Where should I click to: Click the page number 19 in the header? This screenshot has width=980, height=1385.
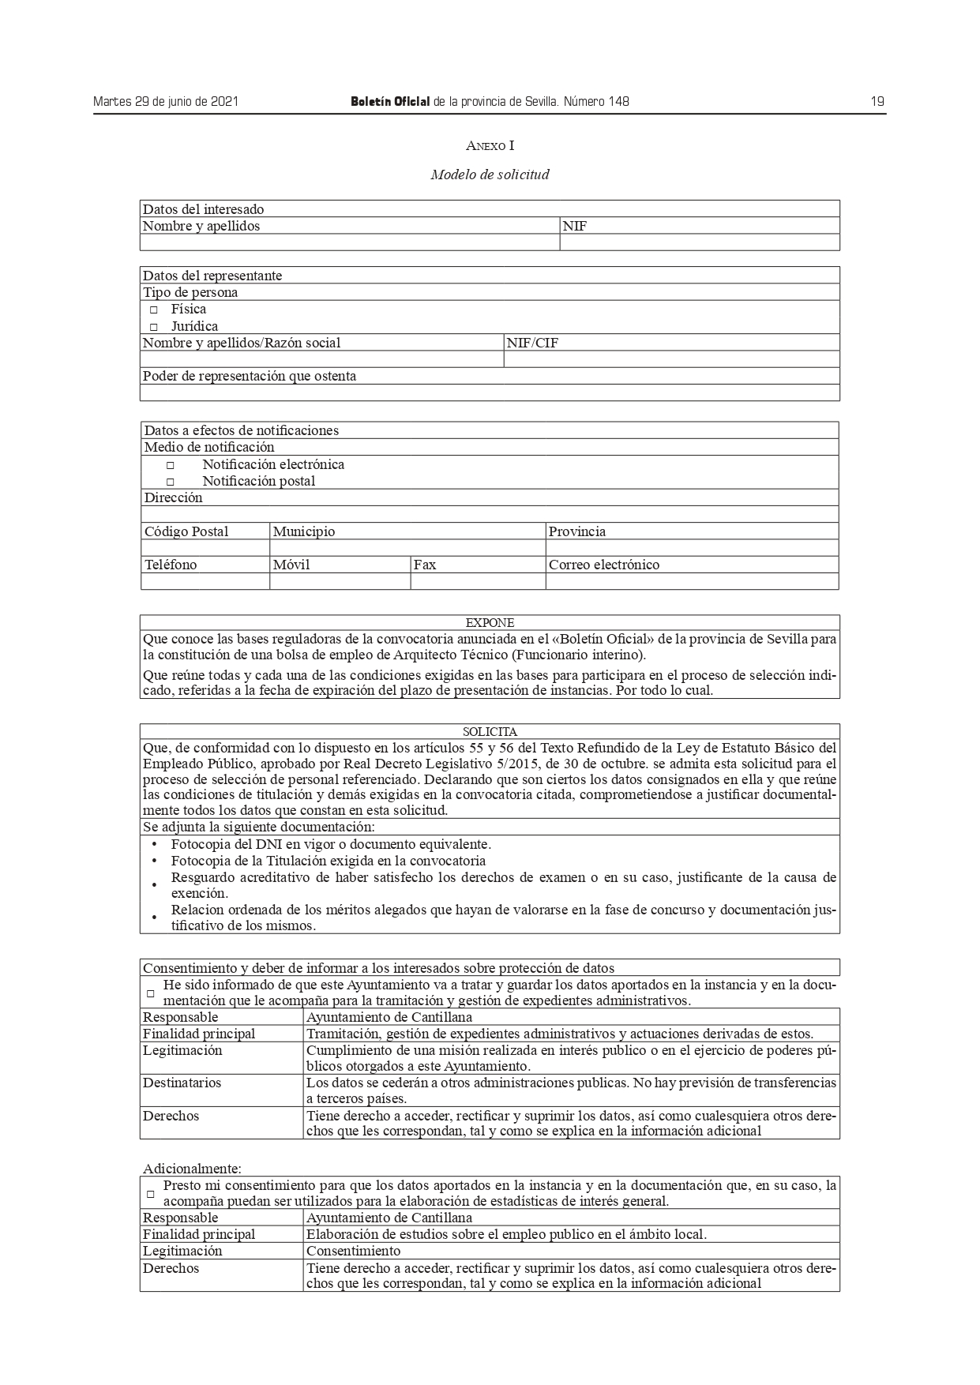point(877,101)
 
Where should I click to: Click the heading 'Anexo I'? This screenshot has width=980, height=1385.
point(490,145)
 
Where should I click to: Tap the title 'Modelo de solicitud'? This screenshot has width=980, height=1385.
point(490,175)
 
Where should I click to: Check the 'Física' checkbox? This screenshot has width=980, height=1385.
point(154,310)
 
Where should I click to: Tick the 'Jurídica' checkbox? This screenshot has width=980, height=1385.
point(154,327)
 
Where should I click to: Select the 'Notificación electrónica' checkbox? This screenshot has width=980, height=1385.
point(170,466)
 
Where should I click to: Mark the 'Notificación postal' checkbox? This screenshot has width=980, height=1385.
point(170,482)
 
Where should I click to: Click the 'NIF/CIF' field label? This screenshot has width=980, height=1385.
point(532,343)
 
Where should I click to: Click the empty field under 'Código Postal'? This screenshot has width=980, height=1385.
point(205,548)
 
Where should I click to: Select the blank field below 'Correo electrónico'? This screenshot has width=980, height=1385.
point(692,582)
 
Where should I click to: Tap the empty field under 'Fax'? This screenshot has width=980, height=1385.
point(478,582)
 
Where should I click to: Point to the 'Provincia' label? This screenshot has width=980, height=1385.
point(577,531)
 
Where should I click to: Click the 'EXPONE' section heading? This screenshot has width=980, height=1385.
point(490,623)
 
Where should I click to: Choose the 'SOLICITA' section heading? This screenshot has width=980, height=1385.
point(490,732)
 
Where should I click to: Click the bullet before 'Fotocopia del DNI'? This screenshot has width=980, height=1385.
point(154,845)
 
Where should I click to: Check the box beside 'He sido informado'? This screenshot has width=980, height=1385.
point(151,993)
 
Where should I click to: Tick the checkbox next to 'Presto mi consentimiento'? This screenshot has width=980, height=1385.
point(151,1194)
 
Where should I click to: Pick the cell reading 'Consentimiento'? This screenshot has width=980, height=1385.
point(353,1251)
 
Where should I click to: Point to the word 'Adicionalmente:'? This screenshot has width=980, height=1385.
point(192,1168)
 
